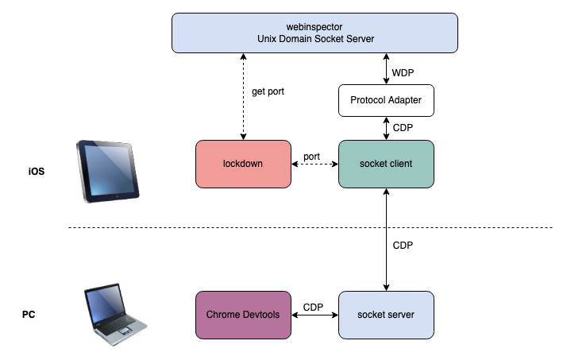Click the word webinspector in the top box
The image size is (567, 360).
314,27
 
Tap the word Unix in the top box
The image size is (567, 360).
268,39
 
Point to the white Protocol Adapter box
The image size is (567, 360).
386,101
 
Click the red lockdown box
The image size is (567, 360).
243,165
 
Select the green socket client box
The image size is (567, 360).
386,165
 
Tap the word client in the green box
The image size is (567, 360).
401,165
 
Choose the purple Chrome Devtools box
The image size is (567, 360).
243,315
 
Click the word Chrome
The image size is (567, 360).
223,315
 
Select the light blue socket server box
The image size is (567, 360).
386,315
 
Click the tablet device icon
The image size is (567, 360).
108,171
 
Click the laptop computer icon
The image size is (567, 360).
115,313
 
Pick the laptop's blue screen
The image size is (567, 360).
106,304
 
